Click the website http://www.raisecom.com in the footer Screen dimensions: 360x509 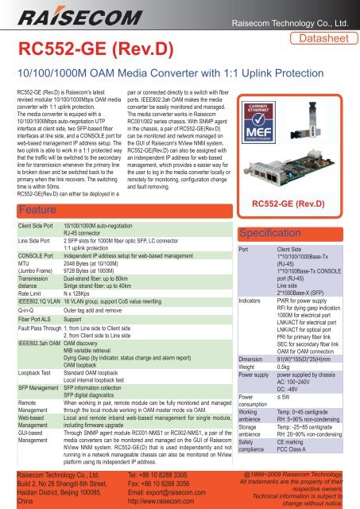(x=168, y=495)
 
